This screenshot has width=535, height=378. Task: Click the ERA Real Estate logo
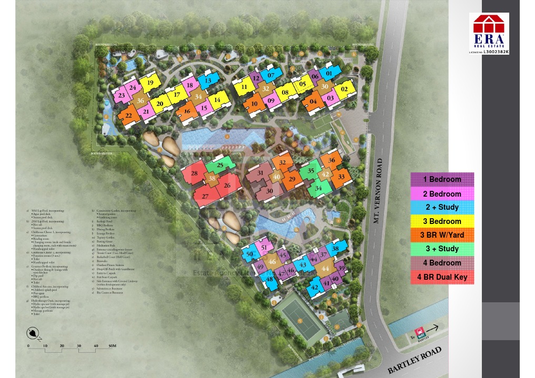(x=489, y=33)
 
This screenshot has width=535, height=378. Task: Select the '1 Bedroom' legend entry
(x=442, y=179)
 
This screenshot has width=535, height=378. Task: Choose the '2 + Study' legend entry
(x=442, y=207)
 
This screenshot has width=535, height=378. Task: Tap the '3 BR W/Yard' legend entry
(x=442, y=235)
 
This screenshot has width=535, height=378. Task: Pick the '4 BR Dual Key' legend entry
(x=442, y=277)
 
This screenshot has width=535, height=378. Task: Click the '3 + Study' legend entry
(x=442, y=249)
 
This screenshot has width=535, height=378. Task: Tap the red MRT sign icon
(x=420, y=332)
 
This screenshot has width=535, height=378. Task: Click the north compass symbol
(x=34, y=333)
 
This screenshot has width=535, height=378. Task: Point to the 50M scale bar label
(x=112, y=345)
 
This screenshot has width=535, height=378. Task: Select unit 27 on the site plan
(x=205, y=196)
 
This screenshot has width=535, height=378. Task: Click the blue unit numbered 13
(x=208, y=80)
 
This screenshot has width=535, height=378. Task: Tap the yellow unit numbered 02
(x=345, y=89)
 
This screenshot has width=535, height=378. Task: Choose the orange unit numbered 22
(x=128, y=116)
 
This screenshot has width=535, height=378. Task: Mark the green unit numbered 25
(x=219, y=165)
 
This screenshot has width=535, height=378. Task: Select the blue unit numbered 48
(x=269, y=279)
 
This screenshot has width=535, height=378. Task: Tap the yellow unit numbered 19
(x=150, y=83)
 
